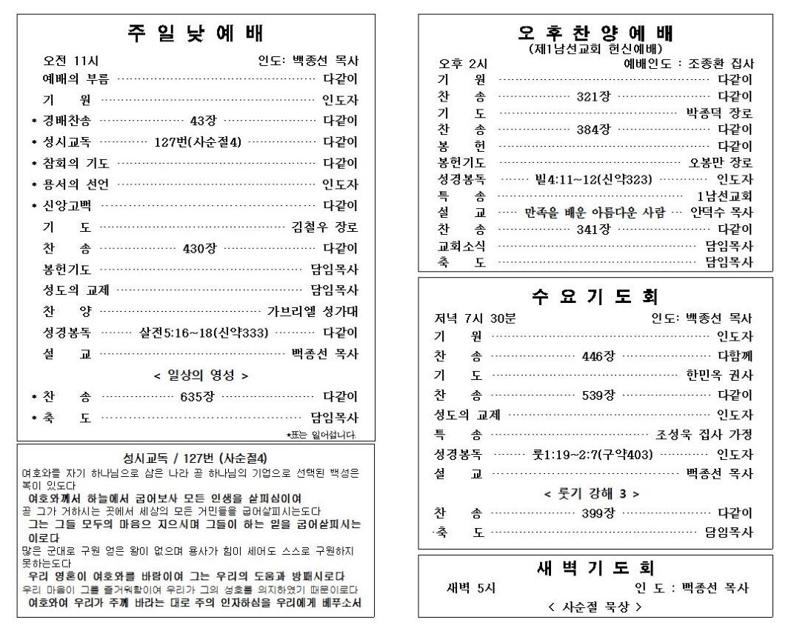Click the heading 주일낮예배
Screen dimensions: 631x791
196,33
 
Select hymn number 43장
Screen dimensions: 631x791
202,120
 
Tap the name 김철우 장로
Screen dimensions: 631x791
324,227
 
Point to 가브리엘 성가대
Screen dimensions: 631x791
312,312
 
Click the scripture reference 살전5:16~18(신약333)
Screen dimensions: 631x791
204,333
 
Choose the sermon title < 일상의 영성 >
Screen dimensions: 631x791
201,375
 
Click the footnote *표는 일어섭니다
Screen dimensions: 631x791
321,435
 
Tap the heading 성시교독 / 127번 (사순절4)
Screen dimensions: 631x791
195,458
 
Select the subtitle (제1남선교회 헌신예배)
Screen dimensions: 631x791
595,49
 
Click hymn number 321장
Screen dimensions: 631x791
593,96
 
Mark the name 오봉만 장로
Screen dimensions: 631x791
721,163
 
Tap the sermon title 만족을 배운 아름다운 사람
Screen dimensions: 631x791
595,213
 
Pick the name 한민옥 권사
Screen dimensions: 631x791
719,375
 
